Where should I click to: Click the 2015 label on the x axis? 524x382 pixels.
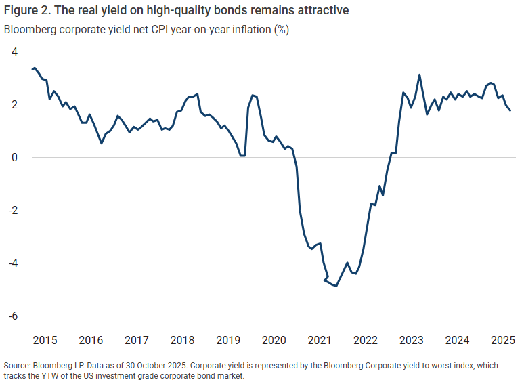coord(44,339)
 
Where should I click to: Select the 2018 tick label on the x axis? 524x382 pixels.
coord(183,339)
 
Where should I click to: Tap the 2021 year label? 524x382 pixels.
coord(320,339)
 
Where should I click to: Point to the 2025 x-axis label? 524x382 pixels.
coord(504,339)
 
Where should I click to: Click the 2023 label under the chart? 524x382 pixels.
coord(412,339)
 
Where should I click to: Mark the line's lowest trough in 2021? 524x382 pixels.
coord(336,286)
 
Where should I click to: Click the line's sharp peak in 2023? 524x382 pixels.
coord(420,75)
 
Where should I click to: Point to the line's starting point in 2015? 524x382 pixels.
coord(32,69)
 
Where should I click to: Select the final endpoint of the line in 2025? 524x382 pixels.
coord(510,110)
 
